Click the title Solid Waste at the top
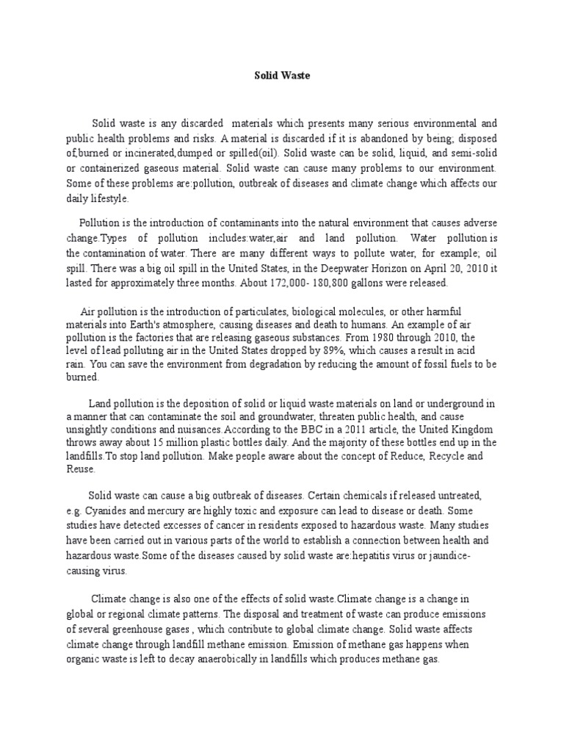281,75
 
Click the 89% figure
314,351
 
